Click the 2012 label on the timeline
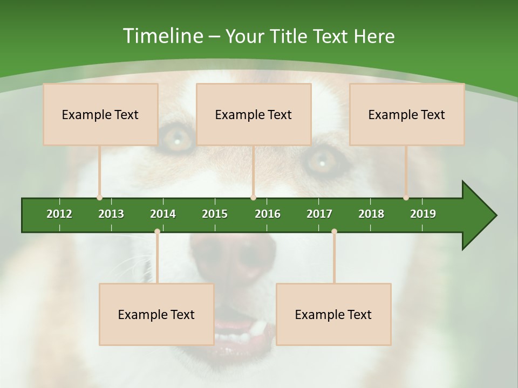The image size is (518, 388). [x=59, y=214]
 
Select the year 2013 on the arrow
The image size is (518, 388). [x=111, y=214]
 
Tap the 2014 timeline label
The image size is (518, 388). [x=163, y=214]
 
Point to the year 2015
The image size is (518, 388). [x=215, y=214]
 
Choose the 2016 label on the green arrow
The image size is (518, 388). [x=268, y=214]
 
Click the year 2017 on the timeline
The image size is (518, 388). [x=319, y=214]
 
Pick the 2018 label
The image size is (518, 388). [x=371, y=214]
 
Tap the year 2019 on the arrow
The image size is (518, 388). [x=423, y=214]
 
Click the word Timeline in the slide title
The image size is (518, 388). [x=161, y=36]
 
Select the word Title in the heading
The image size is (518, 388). [x=290, y=36]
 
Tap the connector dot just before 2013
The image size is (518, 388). [x=99, y=198]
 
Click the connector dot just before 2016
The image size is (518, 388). [x=253, y=198]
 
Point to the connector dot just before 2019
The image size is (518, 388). [x=406, y=198]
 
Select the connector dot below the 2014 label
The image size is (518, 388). [x=157, y=232]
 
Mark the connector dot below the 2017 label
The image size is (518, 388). [x=334, y=232]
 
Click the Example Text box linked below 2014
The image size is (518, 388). [x=156, y=314]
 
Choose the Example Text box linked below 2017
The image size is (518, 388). [x=333, y=314]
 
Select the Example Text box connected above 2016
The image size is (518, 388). [x=254, y=114]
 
